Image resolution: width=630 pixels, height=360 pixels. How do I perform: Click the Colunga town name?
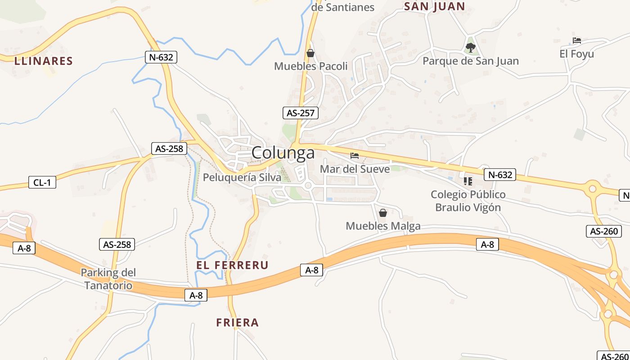click(283, 153)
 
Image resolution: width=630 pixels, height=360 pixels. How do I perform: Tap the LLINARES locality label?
click(43, 61)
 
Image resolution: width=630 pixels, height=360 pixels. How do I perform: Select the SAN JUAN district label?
click(434, 6)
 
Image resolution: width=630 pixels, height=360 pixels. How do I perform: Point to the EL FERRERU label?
click(232, 265)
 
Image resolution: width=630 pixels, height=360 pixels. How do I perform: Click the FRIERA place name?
click(237, 323)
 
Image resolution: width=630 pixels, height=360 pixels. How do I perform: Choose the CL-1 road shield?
click(42, 182)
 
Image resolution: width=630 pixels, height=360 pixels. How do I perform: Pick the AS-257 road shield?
click(301, 113)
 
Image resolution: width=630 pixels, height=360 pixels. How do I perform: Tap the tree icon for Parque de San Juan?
click(471, 47)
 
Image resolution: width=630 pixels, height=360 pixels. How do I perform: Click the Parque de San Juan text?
click(471, 61)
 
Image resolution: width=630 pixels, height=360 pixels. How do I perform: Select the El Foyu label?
click(576, 54)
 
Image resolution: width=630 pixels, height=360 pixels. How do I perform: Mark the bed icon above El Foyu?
click(577, 40)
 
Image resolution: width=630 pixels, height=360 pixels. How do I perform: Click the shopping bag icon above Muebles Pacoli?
click(310, 53)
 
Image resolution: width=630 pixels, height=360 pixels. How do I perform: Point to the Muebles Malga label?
click(383, 226)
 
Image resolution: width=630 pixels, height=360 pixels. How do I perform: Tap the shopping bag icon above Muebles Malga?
click(383, 213)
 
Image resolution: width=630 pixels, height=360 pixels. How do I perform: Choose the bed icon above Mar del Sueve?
click(355, 156)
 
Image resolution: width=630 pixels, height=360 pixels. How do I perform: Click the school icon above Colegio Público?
click(468, 181)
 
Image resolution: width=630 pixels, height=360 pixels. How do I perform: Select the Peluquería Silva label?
click(242, 177)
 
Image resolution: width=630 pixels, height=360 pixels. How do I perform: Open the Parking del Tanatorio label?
click(108, 279)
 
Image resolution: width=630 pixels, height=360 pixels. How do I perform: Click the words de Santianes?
click(343, 7)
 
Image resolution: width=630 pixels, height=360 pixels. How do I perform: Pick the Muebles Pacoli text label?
click(311, 67)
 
